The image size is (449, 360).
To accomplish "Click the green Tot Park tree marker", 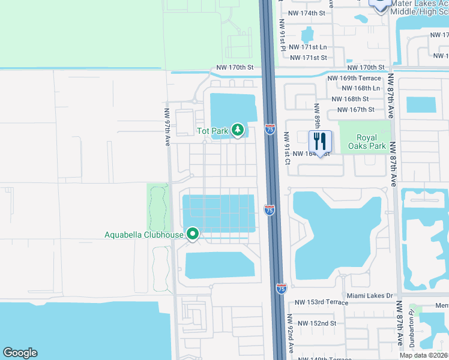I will point(238,130).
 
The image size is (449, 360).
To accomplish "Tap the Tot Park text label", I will point(213,130).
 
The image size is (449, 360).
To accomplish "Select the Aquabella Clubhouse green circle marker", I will point(193,233).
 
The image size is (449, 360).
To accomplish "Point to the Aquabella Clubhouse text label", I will point(143,235).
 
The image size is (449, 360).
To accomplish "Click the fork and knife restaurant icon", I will point(320,142).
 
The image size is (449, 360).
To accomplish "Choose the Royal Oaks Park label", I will point(364,141).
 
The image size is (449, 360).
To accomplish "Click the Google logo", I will point(20,353).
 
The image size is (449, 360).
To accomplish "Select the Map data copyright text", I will point(423,355).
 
